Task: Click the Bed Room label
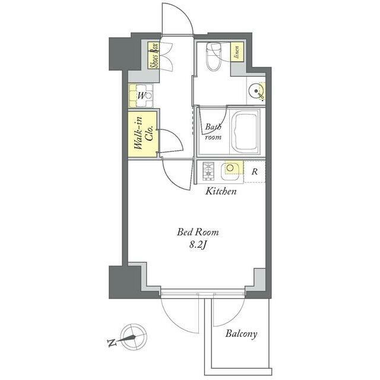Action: [198, 232]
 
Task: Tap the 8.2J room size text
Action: [198, 245]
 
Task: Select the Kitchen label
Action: [221, 191]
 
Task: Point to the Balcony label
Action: [241, 334]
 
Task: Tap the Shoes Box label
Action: [154, 56]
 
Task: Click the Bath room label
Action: [213, 132]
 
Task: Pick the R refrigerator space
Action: [255, 172]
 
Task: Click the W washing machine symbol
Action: [141, 96]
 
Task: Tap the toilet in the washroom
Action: [214, 56]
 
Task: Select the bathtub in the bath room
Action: [245, 132]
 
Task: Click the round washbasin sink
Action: [256, 91]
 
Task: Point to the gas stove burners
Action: [208, 171]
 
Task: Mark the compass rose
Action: [134, 337]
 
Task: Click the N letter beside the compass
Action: [112, 343]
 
